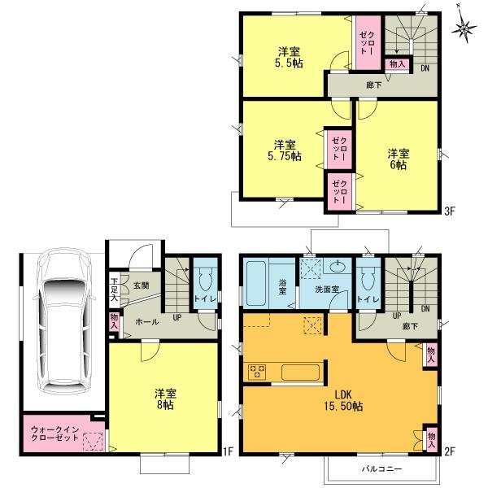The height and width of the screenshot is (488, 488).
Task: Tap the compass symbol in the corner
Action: (x=465, y=29)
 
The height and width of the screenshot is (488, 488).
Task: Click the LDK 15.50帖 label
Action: (x=340, y=400)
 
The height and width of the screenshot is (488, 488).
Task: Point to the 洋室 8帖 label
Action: (x=164, y=399)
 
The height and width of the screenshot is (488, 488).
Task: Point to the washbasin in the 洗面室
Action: (x=337, y=268)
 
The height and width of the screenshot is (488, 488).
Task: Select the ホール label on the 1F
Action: (x=146, y=321)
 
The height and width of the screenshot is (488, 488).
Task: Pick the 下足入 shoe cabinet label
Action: (x=114, y=290)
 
